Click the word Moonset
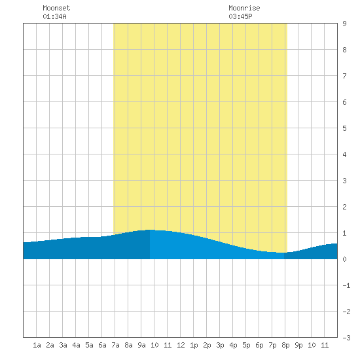pos(56,8)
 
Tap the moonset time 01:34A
pos(54,16)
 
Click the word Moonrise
pos(244,8)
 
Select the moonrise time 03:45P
pos(240,16)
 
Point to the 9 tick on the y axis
pos(344,24)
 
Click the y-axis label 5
pos(344,128)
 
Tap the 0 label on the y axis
pos(344,259)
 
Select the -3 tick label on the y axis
pos(346,338)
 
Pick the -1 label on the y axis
pos(346,285)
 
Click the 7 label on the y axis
pos(344,76)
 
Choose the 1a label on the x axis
pos(37,345)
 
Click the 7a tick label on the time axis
pos(115,345)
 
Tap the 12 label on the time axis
pos(181,345)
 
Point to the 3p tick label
pos(220,345)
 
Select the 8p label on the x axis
pos(285,345)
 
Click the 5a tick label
pos(89,345)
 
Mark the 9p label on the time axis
pos(298,345)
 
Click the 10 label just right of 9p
pos(312,345)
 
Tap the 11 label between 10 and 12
pos(168,345)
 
